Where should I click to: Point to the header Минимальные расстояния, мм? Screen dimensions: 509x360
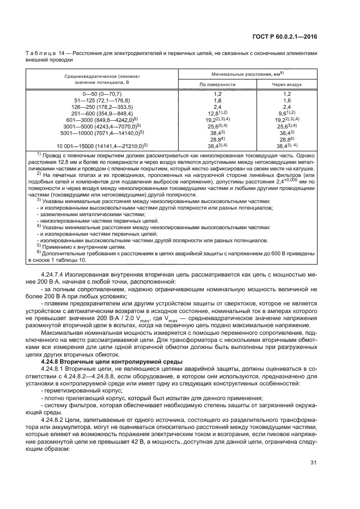tap(248, 73)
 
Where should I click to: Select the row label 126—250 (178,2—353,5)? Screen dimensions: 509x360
tap(103, 107)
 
